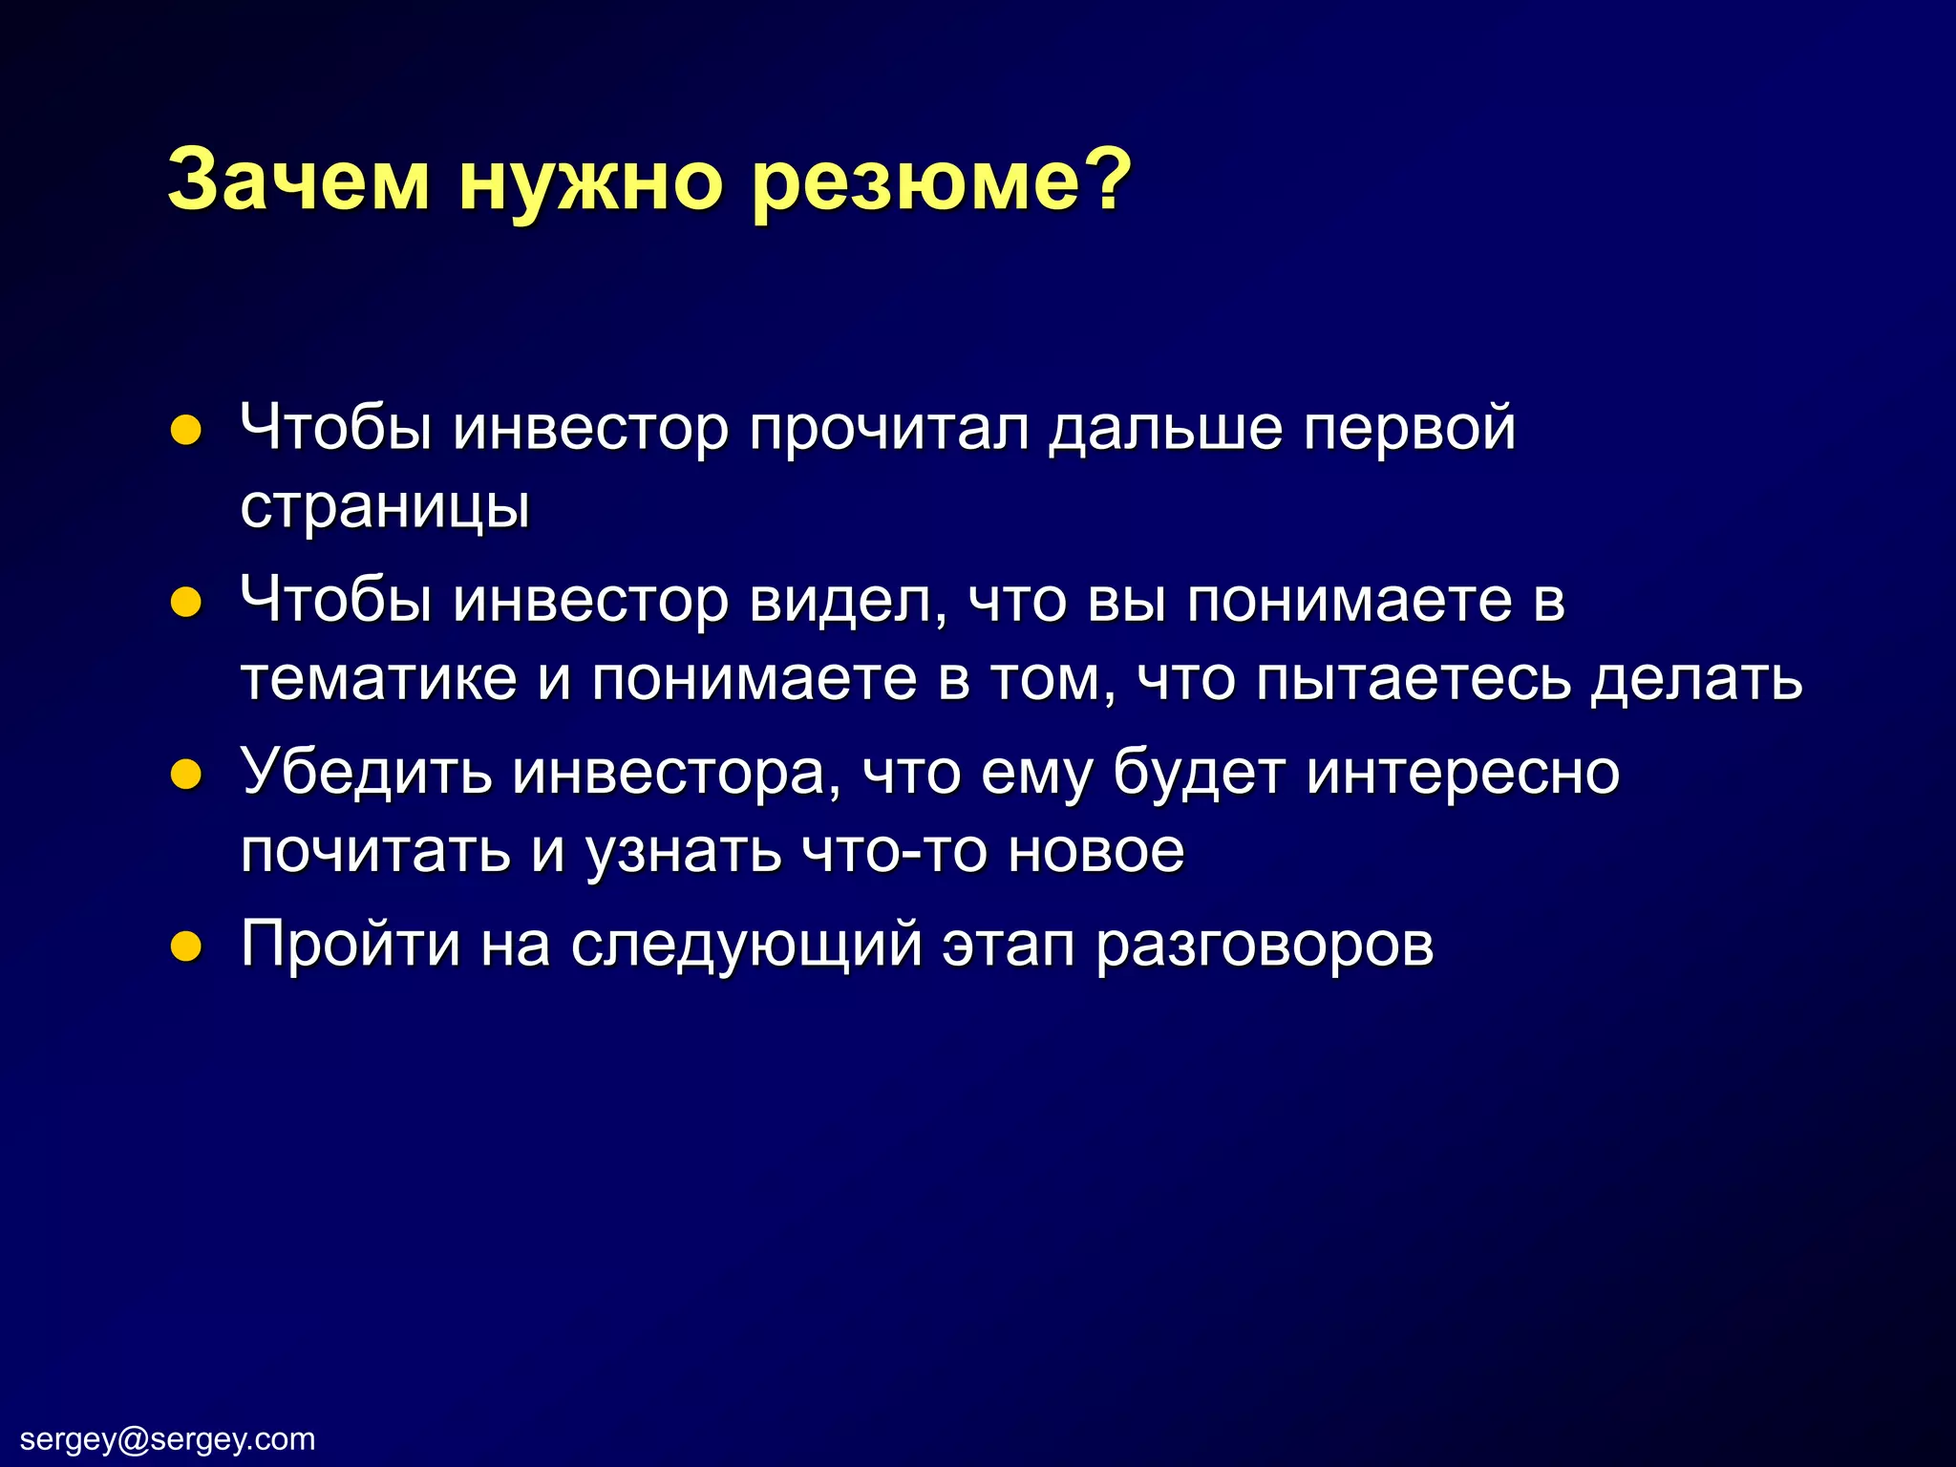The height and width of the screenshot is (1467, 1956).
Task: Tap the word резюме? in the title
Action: point(941,181)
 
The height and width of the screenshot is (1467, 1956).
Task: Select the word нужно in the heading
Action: point(589,181)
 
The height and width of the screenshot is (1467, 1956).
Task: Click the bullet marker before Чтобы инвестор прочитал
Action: point(185,431)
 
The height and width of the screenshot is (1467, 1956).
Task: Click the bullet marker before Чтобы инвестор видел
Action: point(185,604)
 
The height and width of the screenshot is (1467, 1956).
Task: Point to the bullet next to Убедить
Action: point(185,775)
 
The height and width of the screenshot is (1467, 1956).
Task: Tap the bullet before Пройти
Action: point(185,946)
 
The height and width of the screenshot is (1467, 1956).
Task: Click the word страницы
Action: point(385,508)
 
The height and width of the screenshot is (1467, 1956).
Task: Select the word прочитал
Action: point(889,429)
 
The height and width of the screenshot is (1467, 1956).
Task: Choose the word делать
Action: point(1696,679)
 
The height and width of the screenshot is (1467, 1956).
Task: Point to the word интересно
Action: point(1463,772)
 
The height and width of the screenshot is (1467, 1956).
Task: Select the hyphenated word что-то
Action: point(893,850)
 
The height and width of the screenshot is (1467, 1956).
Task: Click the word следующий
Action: point(747,946)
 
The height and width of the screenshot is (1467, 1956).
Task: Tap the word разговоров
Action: point(1265,946)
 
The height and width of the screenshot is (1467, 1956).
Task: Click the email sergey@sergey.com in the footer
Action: point(168,1438)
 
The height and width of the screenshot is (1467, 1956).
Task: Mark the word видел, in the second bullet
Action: point(848,602)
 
